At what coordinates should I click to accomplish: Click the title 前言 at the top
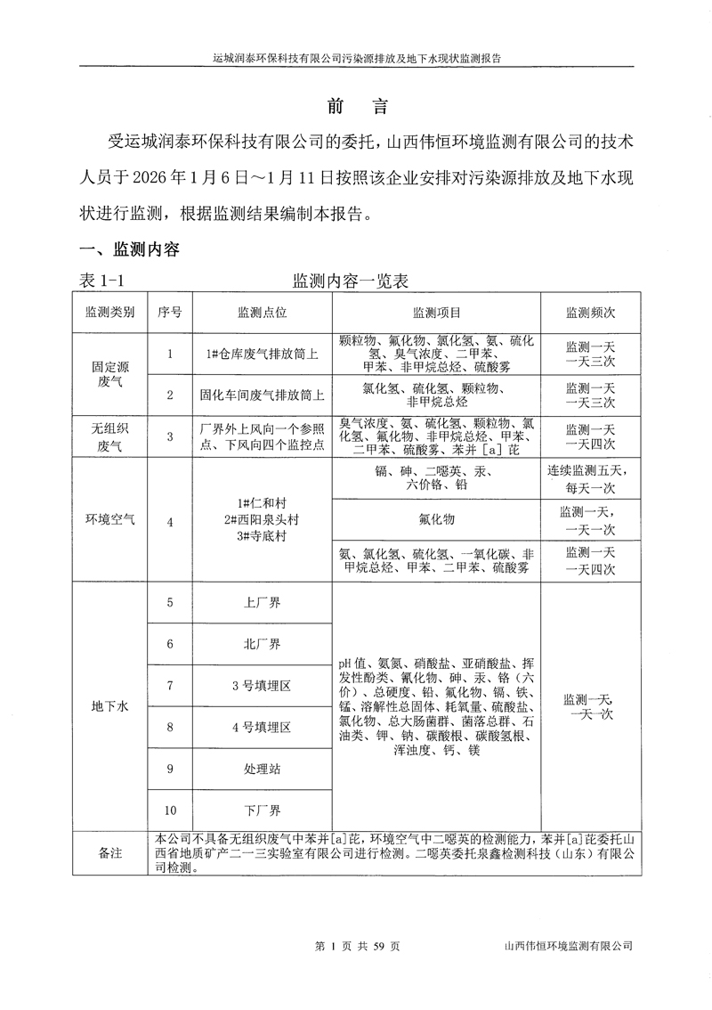coord(356,106)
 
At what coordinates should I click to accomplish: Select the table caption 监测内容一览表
coord(351,281)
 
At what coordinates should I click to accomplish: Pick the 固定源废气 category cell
coord(111,374)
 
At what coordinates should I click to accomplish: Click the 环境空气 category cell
coord(111,521)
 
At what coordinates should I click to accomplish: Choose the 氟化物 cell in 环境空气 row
coord(436,518)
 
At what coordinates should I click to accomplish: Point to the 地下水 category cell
coord(111,706)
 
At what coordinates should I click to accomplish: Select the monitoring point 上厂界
coord(262,603)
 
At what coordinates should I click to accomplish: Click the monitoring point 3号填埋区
coord(262,686)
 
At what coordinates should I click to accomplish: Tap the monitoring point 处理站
coord(262,769)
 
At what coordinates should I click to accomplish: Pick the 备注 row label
coord(111,853)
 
